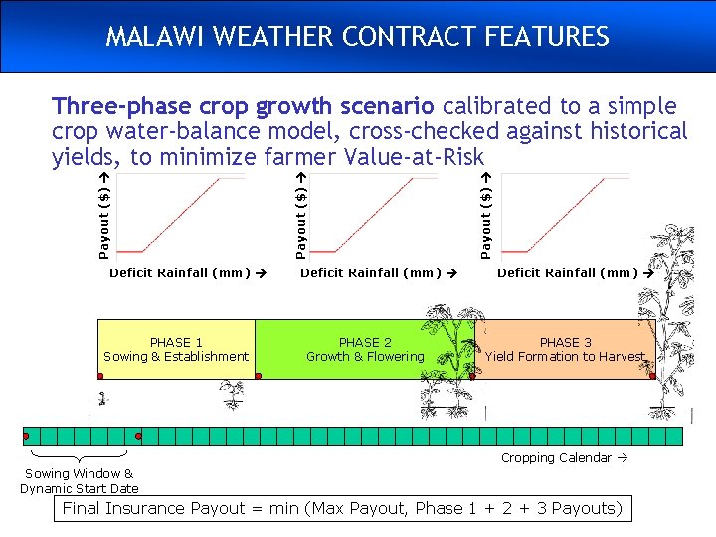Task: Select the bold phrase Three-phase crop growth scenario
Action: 243,106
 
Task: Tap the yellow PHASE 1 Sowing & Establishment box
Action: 176,349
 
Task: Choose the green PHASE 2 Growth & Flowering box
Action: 364,349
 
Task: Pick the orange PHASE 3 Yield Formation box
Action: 565,349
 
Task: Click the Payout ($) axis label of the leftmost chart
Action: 103,213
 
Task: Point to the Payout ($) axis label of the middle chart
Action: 301,213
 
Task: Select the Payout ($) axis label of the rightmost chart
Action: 485,213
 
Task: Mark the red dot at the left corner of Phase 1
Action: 100,377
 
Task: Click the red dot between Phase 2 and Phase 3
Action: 473,377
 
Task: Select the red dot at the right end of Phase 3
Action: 652,377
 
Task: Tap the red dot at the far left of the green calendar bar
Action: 26,436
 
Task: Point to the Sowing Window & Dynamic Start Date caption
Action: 80,481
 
